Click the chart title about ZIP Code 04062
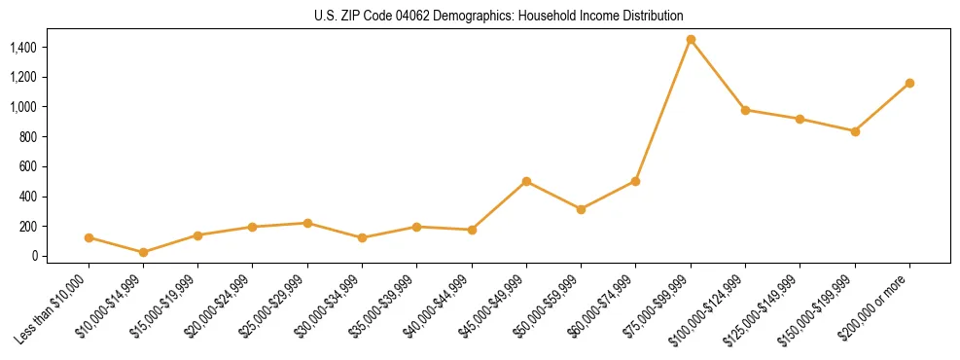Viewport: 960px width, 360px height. pos(499,16)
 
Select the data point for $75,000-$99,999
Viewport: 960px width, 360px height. pos(691,40)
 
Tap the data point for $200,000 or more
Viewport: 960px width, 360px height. pos(909,83)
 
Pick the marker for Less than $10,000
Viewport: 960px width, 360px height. pos(89,237)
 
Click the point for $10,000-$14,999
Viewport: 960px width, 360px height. pos(144,252)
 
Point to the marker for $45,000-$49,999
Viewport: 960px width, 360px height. pos(526,181)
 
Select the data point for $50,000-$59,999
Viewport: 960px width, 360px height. pos(581,209)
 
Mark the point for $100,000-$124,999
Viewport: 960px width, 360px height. pos(745,110)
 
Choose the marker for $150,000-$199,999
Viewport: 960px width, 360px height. pos(855,131)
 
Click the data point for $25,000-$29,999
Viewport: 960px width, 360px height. pos(307,223)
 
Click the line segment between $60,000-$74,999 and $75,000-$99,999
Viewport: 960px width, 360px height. pos(663,110)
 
